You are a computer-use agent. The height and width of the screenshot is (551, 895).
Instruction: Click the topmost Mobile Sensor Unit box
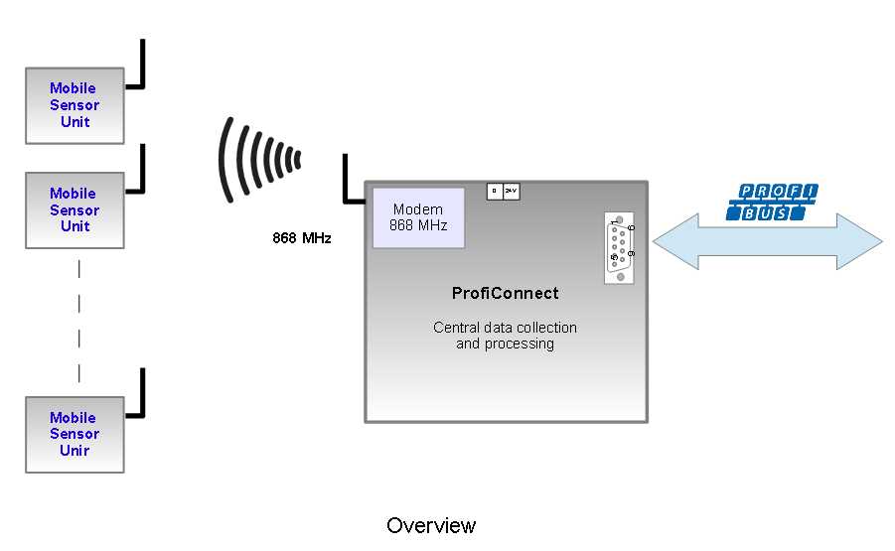(x=75, y=105)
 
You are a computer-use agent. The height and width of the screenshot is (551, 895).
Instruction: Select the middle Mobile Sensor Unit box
(x=75, y=210)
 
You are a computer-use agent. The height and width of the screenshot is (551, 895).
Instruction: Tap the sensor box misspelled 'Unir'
(x=75, y=434)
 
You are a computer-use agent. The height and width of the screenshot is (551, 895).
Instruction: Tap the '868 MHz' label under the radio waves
(x=302, y=239)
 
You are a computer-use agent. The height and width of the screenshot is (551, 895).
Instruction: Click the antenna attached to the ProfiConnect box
(x=350, y=184)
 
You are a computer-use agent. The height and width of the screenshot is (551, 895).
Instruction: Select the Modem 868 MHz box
(x=418, y=217)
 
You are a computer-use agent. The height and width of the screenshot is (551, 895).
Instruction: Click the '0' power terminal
(x=495, y=191)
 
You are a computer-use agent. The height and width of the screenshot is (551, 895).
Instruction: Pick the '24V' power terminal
(x=511, y=191)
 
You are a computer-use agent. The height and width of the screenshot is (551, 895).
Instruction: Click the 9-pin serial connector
(x=619, y=248)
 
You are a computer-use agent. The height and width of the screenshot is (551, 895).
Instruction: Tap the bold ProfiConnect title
(x=505, y=294)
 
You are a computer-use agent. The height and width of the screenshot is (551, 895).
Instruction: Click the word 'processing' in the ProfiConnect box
(x=519, y=344)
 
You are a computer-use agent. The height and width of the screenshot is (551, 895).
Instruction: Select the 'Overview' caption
(x=431, y=525)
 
